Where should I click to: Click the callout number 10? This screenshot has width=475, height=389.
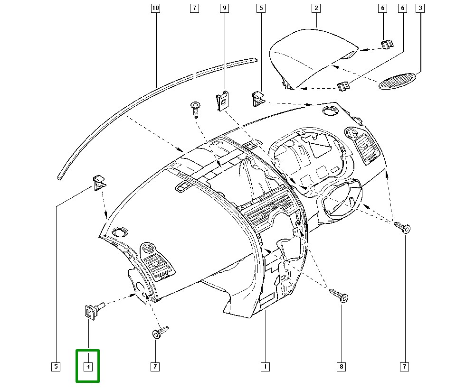coord(156,8)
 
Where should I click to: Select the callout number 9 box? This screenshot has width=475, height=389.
coord(225,8)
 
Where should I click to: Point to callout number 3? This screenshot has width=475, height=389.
coord(419,8)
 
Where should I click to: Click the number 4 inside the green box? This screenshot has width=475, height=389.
coord(88,366)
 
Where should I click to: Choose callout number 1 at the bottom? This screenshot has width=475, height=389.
coord(265,366)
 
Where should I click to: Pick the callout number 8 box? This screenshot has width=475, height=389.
coord(342,366)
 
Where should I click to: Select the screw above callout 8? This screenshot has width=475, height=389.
coord(339,295)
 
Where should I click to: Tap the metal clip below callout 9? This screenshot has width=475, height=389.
coord(222,102)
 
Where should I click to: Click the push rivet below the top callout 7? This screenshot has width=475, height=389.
coord(195,109)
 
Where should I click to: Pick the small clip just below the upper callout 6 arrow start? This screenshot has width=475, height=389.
coord(387,44)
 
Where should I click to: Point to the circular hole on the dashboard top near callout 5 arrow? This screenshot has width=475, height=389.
coord(329,111)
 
